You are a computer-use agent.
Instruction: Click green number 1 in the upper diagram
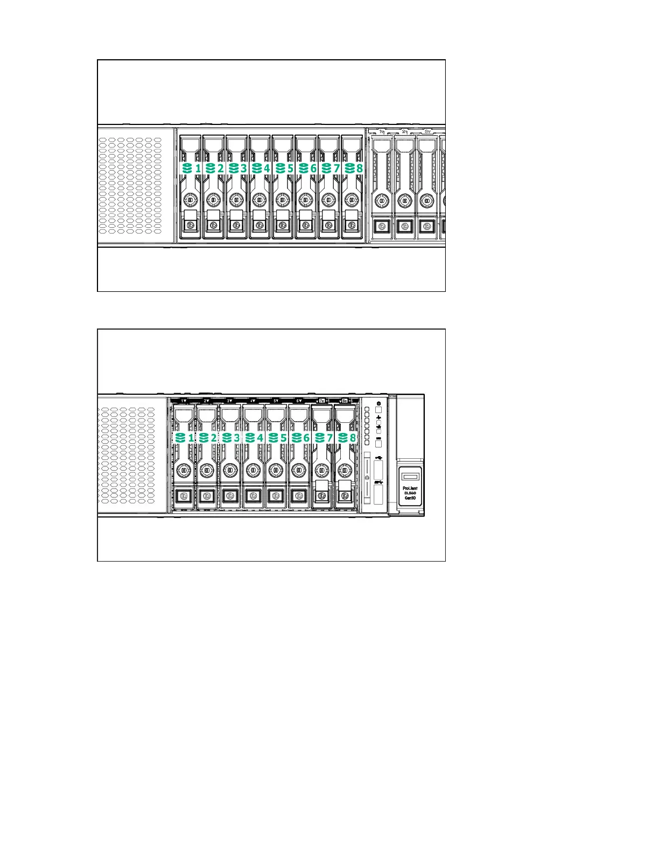[x=198, y=168]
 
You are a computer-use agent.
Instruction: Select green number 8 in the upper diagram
[x=359, y=168]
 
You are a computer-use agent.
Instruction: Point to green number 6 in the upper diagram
[x=313, y=168]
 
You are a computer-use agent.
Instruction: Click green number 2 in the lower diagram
[x=214, y=438]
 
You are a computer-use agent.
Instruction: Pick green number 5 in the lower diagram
[x=283, y=438]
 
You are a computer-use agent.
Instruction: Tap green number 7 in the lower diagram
[x=329, y=438]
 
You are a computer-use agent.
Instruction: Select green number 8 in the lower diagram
[x=353, y=438]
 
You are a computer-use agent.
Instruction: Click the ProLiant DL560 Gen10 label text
[x=410, y=493]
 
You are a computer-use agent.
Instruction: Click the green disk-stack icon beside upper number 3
[x=233, y=168]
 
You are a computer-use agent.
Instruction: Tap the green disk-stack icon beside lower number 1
[x=180, y=438]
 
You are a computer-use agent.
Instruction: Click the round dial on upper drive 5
[x=282, y=200]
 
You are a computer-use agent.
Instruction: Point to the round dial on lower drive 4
[x=253, y=470]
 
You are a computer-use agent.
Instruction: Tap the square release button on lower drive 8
[x=345, y=495]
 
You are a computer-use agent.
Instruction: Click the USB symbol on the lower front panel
[x=378, y=457]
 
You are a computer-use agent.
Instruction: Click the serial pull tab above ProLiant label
[x=410, y=476]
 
